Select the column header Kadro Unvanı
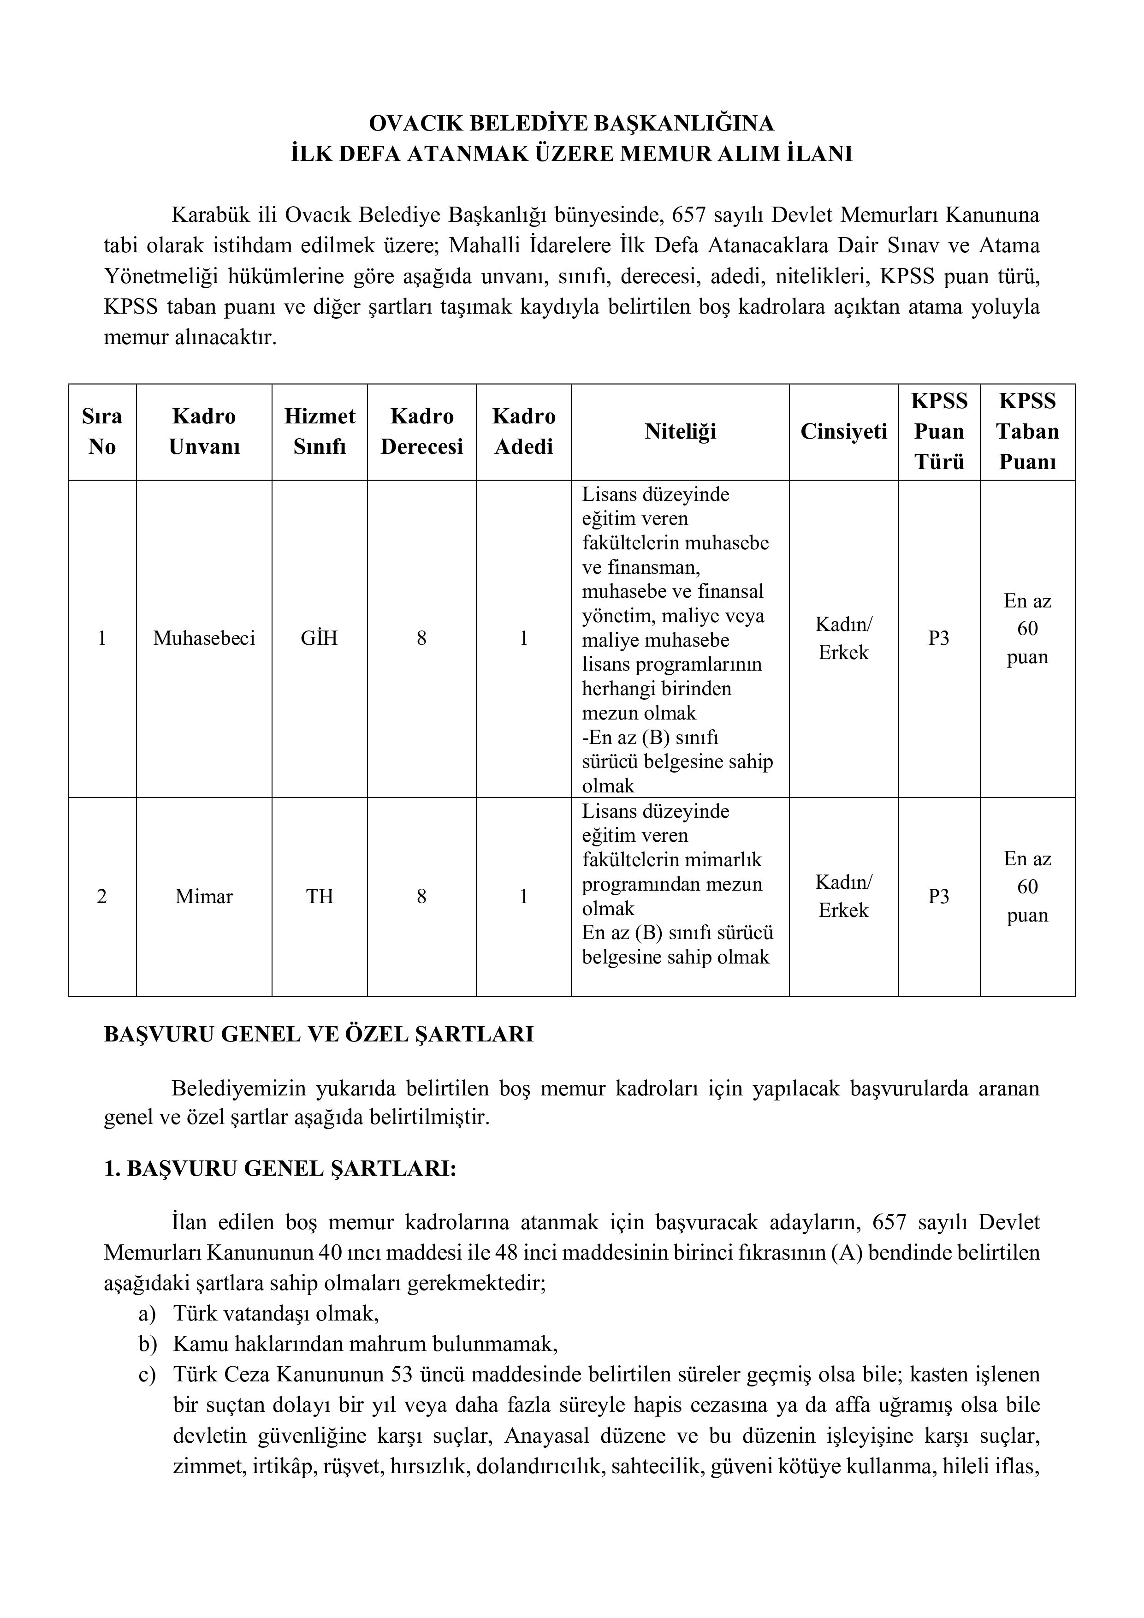(204, 431)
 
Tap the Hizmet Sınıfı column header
(320, 431)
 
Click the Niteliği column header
(680, 431)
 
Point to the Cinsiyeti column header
(843, 431)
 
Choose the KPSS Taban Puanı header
(1027, 431)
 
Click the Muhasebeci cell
(204, 638)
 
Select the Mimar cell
(204, 896)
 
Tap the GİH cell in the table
(320, 638)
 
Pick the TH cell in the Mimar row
(320, 896)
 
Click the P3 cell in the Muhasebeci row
(938, 638)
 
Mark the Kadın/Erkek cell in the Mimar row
(843, 896)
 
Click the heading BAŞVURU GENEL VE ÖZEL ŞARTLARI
(319, 1035)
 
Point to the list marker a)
(147, 1314)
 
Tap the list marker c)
(147, 1374)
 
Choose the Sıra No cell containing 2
(102, 896)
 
